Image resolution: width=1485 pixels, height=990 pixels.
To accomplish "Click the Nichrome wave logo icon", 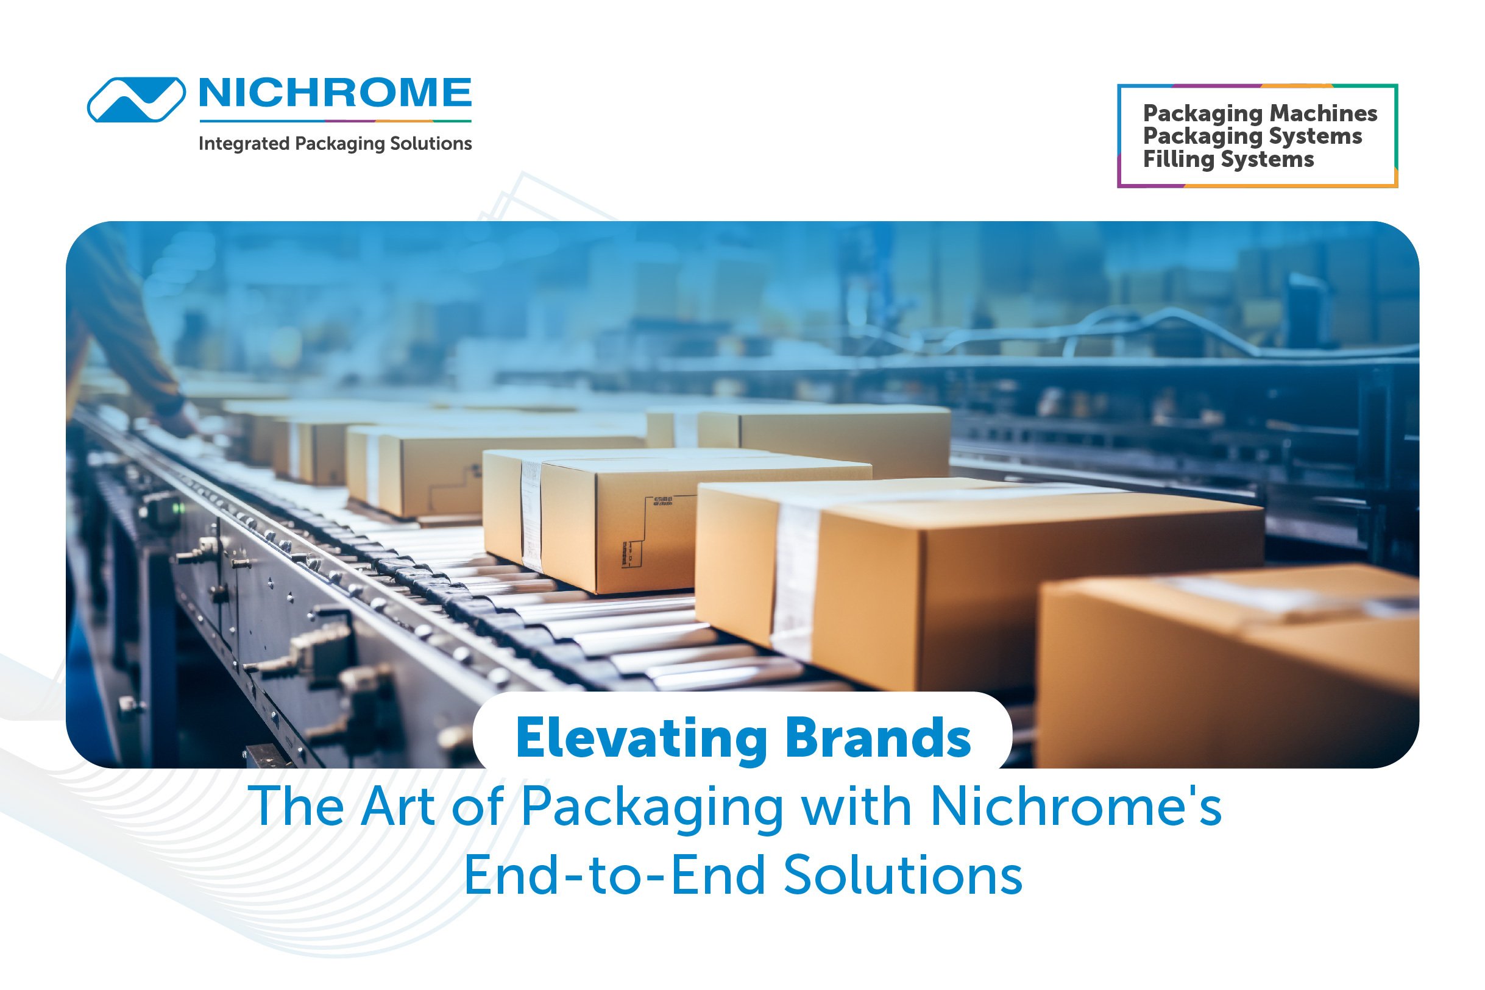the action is point(136,100).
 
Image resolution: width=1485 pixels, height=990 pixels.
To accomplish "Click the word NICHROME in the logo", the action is point(335,93).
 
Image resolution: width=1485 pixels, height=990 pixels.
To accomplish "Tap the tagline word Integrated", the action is point(244,144).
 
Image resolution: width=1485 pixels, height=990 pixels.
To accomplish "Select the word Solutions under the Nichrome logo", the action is point(431,143).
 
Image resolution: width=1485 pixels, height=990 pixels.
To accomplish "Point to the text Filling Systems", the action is point(1228,160).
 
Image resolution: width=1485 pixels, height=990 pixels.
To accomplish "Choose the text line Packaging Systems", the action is point(1253,137).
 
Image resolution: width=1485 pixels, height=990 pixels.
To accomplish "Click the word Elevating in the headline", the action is point(642,739).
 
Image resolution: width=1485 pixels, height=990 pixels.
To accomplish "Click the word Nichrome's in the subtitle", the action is point(1077,806).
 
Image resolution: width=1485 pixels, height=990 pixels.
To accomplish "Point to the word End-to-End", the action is point(615,875).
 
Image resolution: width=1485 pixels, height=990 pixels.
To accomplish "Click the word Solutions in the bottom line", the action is point(903,875).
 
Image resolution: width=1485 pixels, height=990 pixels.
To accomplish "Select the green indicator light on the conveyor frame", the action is point(179,507).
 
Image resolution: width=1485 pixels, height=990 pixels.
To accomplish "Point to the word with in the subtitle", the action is point(857,806).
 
